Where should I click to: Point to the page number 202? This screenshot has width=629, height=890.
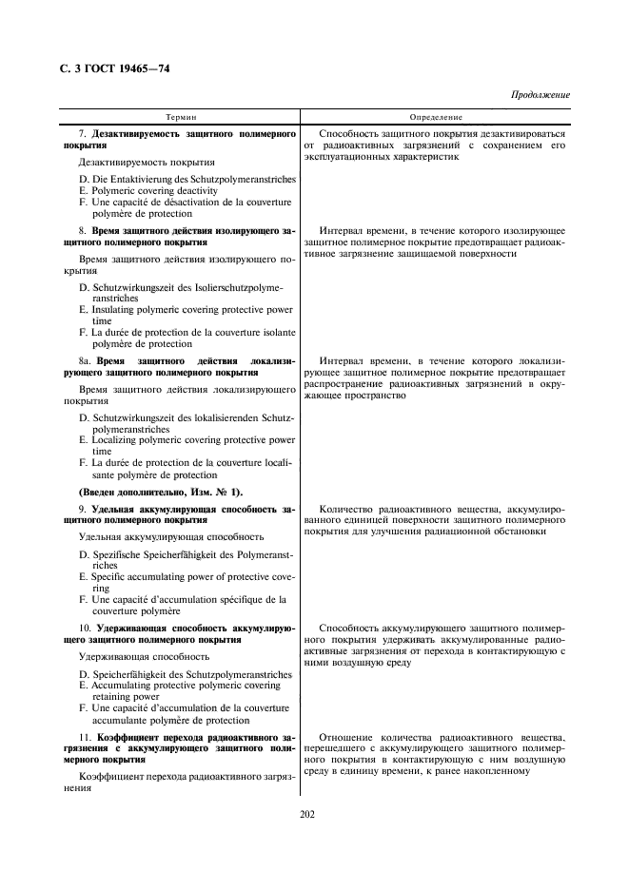coord(306,813)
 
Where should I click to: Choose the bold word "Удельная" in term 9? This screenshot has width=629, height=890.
coord(116,510)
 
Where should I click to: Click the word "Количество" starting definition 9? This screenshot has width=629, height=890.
coord(351,510)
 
